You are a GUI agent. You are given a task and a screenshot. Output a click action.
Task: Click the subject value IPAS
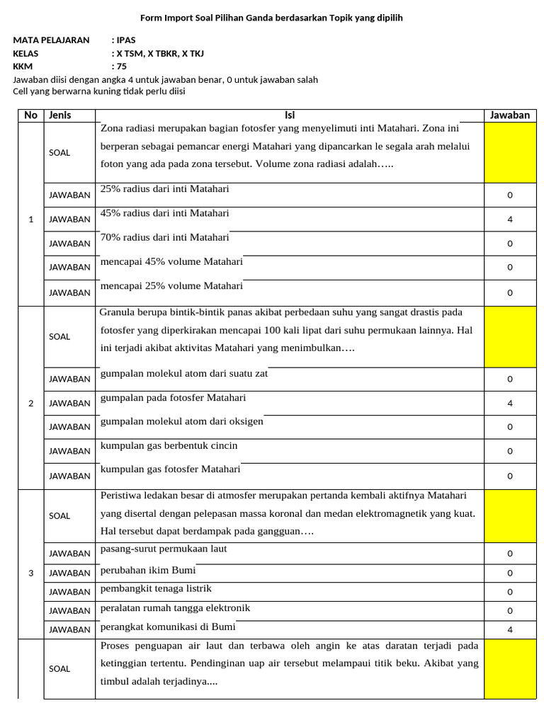(x=125, y=40)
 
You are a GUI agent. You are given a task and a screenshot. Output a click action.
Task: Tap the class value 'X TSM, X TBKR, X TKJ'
(x=159, y=53)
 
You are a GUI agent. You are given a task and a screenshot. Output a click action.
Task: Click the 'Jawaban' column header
(x=510, y=115)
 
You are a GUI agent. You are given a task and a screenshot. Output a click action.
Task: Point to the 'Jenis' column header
(x=60, y=115)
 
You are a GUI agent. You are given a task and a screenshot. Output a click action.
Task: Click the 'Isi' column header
(x=290, y=115)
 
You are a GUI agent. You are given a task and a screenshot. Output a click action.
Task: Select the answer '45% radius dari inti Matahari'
(x=165, y=213)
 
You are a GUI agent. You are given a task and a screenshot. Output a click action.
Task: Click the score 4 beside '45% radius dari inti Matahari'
(x=510, y=219)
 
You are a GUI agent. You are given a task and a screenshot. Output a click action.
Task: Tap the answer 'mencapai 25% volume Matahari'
(x=171, y=286)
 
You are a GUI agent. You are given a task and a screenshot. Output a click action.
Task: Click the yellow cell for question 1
(x=510, y=152)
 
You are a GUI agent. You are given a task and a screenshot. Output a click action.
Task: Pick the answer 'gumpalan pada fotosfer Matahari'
(x=174, y=397)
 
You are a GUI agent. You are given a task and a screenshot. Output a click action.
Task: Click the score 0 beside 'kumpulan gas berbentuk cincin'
(x=510, y=451)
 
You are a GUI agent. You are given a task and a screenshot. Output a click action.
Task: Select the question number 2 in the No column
(x=30, y=404)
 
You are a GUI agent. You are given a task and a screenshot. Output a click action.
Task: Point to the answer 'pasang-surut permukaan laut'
(x=164, y=549)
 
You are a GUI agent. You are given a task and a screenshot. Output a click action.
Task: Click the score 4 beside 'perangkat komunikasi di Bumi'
(x=510, y=629)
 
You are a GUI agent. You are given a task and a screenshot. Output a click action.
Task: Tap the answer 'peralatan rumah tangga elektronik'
(x=175, y=608)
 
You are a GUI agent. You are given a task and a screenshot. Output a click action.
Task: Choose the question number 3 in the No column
(x=30, y=573)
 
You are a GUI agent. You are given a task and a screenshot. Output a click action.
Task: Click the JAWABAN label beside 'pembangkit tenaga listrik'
(x=69, y=592)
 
